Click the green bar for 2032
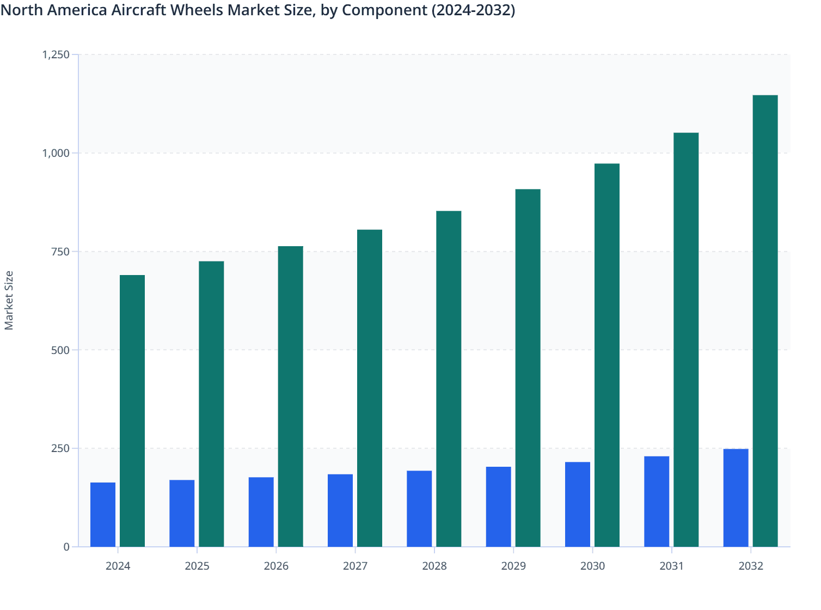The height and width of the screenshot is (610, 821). [x=765, y=321]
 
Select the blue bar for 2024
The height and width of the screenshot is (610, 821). [x=103, y=515]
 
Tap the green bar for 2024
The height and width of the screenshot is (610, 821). [x=132, y=411]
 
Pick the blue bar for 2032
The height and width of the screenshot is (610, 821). [x=736, y=498]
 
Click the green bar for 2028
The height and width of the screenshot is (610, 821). [x=449, y=379]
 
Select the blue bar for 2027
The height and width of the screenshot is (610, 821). [x=340, y=510]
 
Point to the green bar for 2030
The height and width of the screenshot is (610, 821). [x=606, y=355]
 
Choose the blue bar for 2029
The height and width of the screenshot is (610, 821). [x=498, y=507]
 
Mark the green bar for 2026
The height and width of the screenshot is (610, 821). [x=290, y=396]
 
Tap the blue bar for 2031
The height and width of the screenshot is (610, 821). [x=657, y=502]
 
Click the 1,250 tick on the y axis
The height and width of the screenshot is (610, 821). [x=56, y=54]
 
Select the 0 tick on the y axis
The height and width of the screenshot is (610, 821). [x=66, y=547]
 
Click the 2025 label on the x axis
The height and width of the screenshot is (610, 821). [x=197, y=566]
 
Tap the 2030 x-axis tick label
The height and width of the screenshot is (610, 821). [x=592, y=566]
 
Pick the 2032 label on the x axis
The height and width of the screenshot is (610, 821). [x=751, y=566]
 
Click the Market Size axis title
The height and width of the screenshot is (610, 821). [x=9, y=300]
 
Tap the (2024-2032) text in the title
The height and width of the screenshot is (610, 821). [x=473, y=10]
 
